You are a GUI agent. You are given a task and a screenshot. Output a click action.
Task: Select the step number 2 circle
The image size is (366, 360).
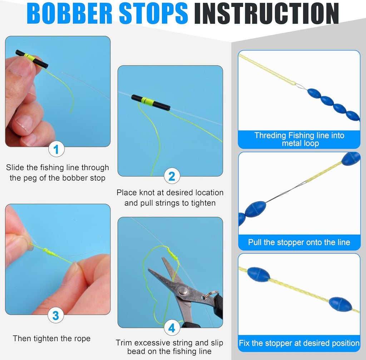[x=172, y=176]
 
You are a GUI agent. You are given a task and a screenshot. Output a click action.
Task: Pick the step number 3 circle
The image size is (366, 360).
[x=56, y=316]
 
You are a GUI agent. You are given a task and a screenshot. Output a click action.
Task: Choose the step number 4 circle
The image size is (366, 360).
[x=172, y=328]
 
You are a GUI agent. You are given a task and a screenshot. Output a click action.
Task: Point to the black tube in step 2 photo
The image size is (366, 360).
[x=150, y=102]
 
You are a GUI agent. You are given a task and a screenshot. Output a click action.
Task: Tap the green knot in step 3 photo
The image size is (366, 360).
[x=50, y=252]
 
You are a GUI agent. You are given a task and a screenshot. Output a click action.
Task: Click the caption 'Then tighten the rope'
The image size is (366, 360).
[x=51, y=338]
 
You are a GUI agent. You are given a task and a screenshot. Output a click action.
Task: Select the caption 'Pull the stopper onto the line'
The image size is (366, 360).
[x=299, y=242]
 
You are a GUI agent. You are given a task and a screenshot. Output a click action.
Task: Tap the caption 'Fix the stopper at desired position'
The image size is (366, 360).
[x=299, y=343]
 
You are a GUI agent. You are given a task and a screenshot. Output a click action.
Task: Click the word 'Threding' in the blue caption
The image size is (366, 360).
[x=270, y=135]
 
